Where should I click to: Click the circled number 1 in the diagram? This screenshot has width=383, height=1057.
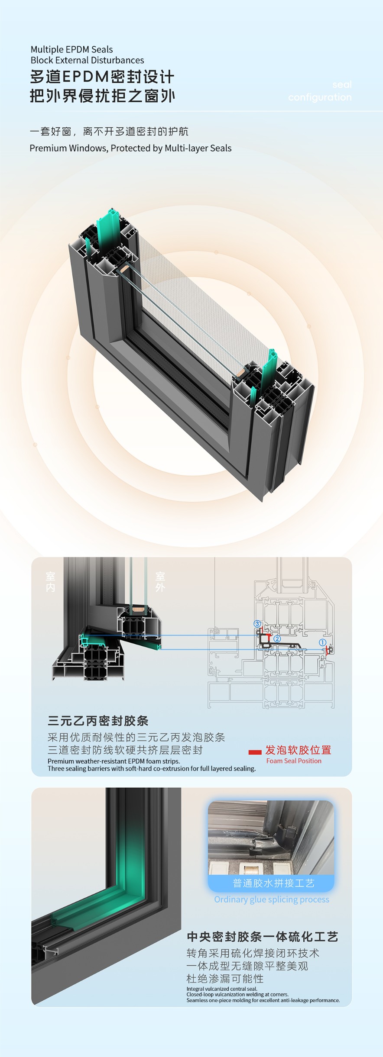tap(322, 642)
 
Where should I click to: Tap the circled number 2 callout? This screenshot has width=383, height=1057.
tap(277, 638)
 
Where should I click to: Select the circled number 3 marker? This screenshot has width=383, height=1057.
tap(257, 624)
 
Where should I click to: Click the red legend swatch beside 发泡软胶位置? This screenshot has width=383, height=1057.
tap(255, 752)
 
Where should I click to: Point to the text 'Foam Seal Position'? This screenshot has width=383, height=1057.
tap(294, 761)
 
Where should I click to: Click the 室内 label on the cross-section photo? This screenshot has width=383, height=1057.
tap(51, 582)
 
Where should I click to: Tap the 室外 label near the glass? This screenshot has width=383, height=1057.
tap(160, 582)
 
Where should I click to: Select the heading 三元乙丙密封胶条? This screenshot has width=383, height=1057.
tap(98, 721)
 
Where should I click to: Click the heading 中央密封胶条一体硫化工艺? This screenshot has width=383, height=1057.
tap(263, 937)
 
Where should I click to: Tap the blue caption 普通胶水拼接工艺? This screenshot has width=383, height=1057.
tap(273, 883)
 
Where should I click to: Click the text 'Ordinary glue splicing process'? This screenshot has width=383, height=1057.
tap(272, 899)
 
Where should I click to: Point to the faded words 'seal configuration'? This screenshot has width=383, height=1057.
tap(320, 91)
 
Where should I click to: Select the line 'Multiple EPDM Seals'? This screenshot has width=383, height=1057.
tap(71, 49)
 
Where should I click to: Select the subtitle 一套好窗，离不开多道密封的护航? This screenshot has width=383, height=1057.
tap(109, 131)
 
